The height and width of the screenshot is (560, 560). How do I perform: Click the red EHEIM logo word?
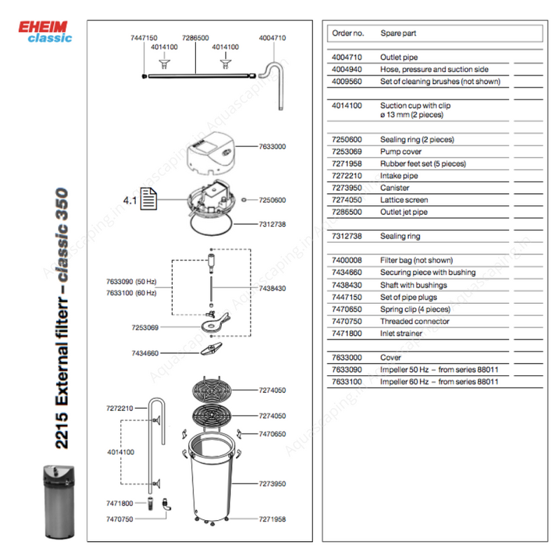pos(43,27)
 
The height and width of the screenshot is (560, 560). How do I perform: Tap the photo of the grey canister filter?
pos(59,501)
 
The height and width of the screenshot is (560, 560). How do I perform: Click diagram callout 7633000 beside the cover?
pos(272,146)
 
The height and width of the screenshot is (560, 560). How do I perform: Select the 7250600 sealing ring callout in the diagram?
pos(272,200)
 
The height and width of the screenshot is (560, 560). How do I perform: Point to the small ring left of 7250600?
pos(244,200)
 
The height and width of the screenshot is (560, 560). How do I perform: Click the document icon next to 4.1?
pos(148,199)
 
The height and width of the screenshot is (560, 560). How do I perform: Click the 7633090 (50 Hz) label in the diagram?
pos(131,281)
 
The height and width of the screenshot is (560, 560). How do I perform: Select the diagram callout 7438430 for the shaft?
pos(272,288)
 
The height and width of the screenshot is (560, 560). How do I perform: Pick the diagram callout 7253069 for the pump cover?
pos(145,328)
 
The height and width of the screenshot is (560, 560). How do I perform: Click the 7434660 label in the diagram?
pos(145,353)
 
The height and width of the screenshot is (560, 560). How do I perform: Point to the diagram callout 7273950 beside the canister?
pos(272,484)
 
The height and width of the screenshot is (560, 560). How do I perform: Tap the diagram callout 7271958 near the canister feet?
pos(272,519)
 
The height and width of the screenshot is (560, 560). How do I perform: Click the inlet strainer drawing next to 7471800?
pos(150,503)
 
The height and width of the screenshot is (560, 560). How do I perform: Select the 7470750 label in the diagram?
pos(120,519)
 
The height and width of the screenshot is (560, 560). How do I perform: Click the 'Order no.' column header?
pos(348,33)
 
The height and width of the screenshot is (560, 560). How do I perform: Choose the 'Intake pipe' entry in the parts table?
pos(399,176)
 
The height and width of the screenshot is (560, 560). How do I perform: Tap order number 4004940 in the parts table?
pos(346,69)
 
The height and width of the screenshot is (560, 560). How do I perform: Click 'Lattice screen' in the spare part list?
pos(404,200)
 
